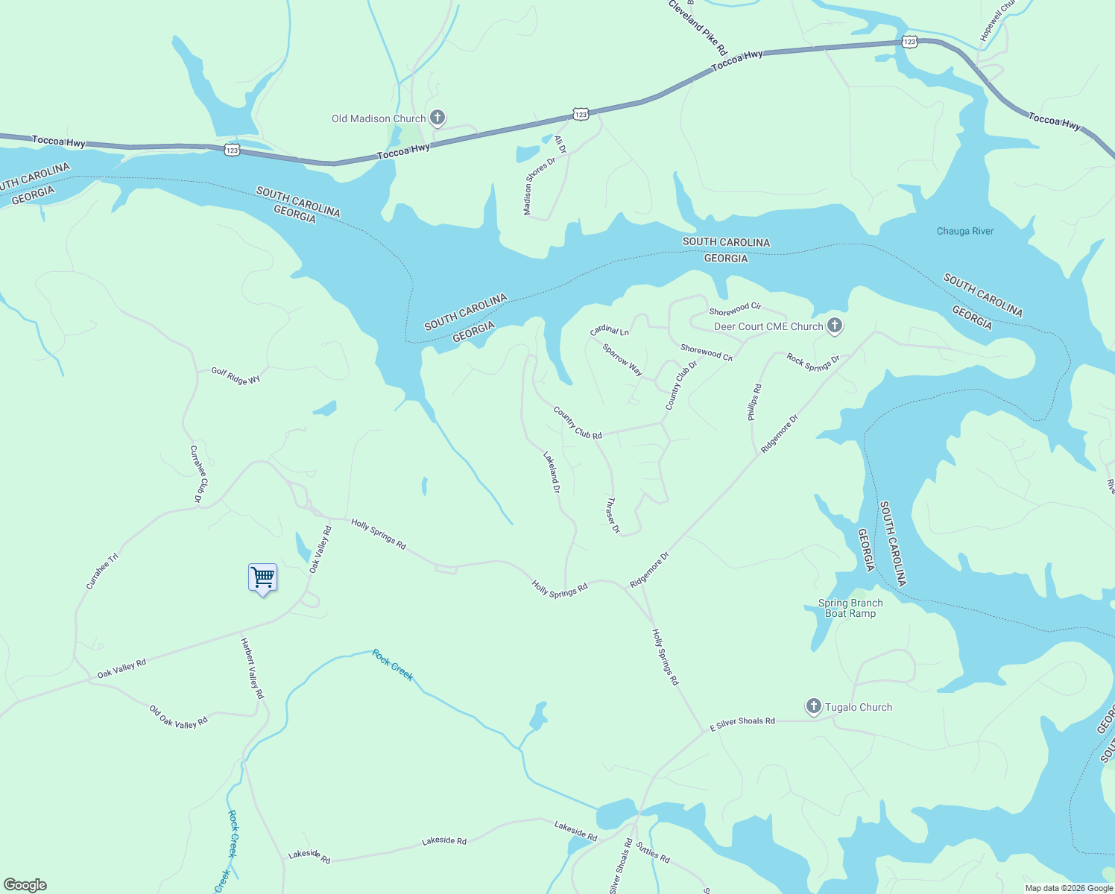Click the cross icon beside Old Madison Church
(x=438, y=118)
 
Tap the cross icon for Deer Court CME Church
(x=835, y=326)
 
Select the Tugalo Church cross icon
(x=813, y=706)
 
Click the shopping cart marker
(x=262, y=577)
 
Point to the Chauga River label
(x=965, y=231)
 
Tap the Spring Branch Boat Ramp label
(x=850, y=608)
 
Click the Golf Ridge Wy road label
(x=236, y=376)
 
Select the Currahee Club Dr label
(x=198, y=473)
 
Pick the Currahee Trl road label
(x=102, y=571)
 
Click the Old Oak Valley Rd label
(x=178, y=717)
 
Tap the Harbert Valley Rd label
(x=252, y=668)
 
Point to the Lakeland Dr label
(x=552, y=473)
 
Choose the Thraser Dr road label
(x=613, y=516)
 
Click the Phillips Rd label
(x=755, y=402)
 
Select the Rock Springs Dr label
(x=813, y=363)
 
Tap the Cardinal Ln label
(x=610, y=330)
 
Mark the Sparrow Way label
(x=622, y=359)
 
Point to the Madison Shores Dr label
(x=540, y=186)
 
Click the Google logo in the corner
(x=25, y=885)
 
